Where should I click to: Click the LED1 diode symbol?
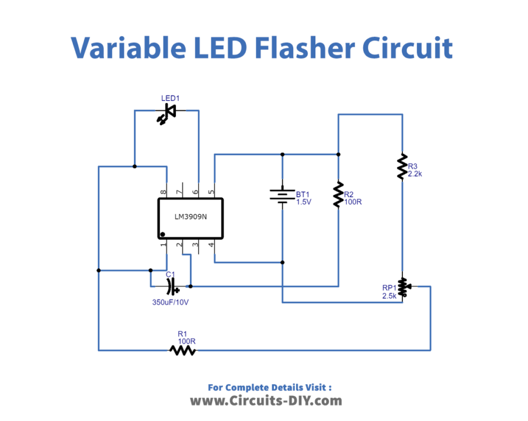(169, 112)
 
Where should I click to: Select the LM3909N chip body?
(190, 218)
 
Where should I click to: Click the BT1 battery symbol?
(282, 195)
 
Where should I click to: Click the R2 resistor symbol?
(338, 195)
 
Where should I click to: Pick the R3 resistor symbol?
(402, 167)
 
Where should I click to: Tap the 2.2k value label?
(415, 174)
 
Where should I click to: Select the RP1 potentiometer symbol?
(402, 286)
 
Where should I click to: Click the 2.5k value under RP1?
(390, 296)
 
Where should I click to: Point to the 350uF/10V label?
(171, 303)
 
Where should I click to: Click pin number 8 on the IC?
(164, 191)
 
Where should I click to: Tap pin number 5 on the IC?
(211, 191)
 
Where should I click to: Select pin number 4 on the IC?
(211, 244)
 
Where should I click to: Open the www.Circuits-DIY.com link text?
(266, 401)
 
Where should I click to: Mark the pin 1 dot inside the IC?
(163, 234)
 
